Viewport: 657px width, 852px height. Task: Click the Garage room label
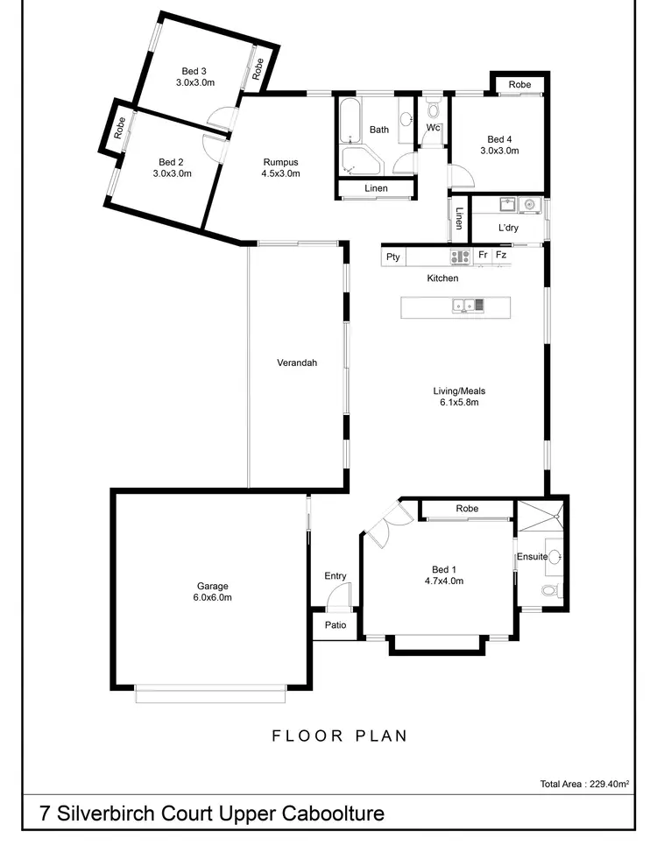(212, 586)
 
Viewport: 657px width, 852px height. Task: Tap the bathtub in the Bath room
(350, 123)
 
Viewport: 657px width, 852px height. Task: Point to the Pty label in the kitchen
(393, 257)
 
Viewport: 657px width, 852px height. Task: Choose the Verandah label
(296, 363)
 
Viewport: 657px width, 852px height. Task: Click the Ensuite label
(531, 556)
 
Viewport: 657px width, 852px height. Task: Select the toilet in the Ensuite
(549, 591)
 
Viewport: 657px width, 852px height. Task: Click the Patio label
(335, 625)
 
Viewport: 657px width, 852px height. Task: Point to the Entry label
(335, 575)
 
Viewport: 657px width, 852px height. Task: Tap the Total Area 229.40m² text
(585, 784)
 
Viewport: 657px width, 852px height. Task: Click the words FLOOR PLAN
(339, 735)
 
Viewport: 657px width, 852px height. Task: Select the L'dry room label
(508, 229)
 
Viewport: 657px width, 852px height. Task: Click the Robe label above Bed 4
(519, 84)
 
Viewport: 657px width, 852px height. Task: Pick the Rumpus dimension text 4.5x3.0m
(280, 173)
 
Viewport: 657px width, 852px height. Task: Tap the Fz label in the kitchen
(501, 256)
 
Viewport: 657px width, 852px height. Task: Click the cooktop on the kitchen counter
(460, 257)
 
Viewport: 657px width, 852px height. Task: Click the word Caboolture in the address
(333, 813)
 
